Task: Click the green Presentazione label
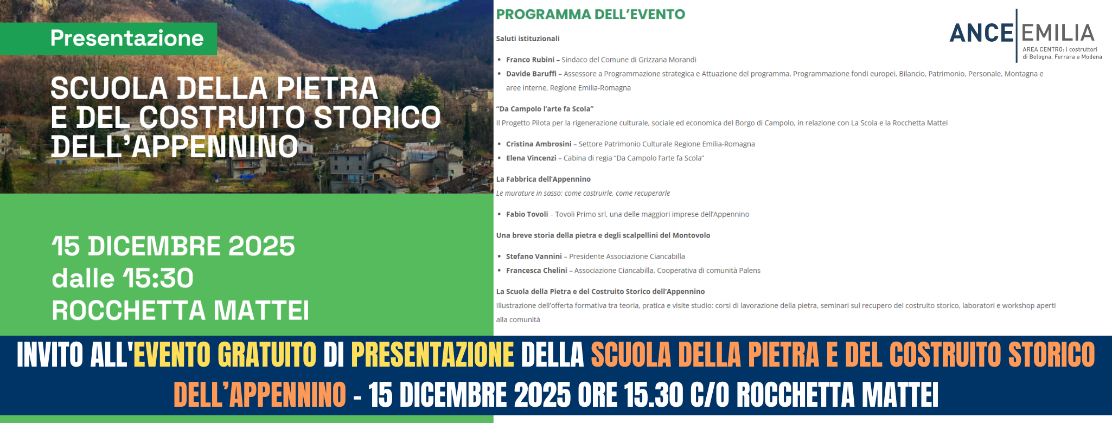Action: (x=127, y=39)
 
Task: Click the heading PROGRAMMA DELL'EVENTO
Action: (x=591, y=15)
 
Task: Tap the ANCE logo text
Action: (x=981, y=34)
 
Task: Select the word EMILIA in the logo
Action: (x=1058, y=34)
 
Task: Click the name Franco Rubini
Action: (x=530, y=60)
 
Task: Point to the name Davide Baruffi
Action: (x=531, y=74)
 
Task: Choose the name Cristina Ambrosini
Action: (x=539, y=144)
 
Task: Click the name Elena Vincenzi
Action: (x=531, y=158)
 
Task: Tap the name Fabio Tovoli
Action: (x=527, y=214)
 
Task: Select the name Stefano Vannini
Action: (x=534, y=257)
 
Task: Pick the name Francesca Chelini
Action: (x=536, y=271)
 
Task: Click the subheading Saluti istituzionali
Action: (x=528, y=39)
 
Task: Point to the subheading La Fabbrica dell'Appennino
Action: (x=544, y=179)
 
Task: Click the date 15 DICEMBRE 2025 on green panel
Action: (x=174, y=246)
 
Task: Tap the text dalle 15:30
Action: (x=123, y=278)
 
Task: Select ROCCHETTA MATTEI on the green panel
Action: (x=180, y=311)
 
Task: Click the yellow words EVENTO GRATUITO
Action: (x=225, y=355)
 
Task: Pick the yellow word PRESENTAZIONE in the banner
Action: (x=433, y=355)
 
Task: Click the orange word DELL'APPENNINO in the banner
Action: (x=260, y=394)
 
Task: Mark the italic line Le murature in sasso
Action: (x=583, y=193)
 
